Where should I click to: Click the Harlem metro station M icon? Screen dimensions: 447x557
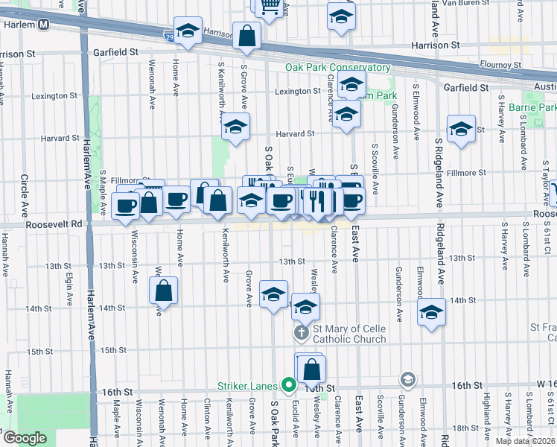45,25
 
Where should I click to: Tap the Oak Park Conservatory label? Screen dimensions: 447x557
338,68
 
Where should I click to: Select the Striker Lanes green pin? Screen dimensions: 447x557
289,386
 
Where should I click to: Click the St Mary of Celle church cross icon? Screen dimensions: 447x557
302,332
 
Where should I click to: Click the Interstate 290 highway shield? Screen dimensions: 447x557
169,34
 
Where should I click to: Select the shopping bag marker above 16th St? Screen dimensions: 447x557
313,368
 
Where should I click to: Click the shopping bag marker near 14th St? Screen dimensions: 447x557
163,291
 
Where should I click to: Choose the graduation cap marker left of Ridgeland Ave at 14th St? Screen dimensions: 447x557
431,312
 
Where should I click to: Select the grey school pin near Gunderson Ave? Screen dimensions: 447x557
407,380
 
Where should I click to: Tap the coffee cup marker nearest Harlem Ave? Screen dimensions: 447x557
126,205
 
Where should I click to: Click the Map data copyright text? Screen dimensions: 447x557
525,441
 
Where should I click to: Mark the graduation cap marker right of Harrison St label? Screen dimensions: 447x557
340,16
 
